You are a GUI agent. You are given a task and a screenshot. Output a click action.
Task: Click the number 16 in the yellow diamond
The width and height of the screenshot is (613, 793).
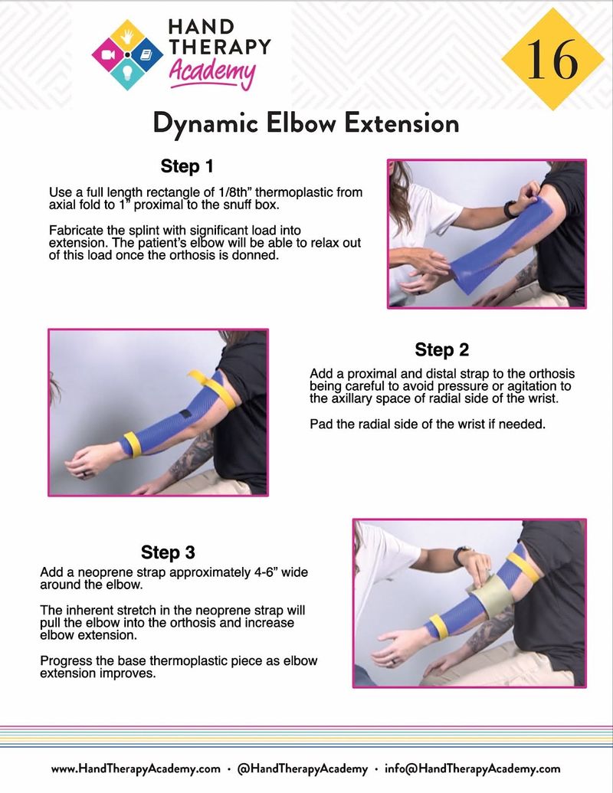coord(552,59)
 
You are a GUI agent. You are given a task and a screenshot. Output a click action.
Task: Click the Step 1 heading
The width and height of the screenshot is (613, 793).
coord(187,166)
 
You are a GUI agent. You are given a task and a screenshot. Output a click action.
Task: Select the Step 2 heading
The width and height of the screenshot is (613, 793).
coord(441,349)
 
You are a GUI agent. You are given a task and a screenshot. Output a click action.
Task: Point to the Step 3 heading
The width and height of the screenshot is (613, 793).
coord(168,552)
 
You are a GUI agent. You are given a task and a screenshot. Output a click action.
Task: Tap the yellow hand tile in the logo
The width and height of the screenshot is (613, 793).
coord(128,35)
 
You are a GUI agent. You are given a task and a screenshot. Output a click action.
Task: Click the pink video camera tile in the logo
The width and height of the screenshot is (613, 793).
coord(109,54)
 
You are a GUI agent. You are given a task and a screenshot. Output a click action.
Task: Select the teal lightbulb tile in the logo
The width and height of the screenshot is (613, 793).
coord(127,74)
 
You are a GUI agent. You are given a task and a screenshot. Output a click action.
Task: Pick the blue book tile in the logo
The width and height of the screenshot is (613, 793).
coord(146,54)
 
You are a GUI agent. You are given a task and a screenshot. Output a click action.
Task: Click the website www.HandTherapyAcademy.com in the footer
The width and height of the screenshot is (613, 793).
coord(136,769)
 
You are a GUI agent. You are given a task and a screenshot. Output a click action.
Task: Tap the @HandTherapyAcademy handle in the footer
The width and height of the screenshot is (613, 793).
coord(303,769)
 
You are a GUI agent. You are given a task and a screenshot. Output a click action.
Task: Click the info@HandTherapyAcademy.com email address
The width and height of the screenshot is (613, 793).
coord(473,769)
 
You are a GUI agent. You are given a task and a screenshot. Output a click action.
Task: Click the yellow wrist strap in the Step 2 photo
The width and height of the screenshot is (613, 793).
coord(133,444)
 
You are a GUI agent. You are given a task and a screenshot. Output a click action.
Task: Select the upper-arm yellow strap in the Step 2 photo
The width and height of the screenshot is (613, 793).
coord(212,389)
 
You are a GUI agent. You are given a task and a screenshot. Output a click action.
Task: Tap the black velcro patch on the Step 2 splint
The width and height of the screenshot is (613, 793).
coord(185,415)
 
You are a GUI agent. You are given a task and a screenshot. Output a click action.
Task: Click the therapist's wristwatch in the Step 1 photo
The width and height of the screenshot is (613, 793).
coord(510,208)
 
